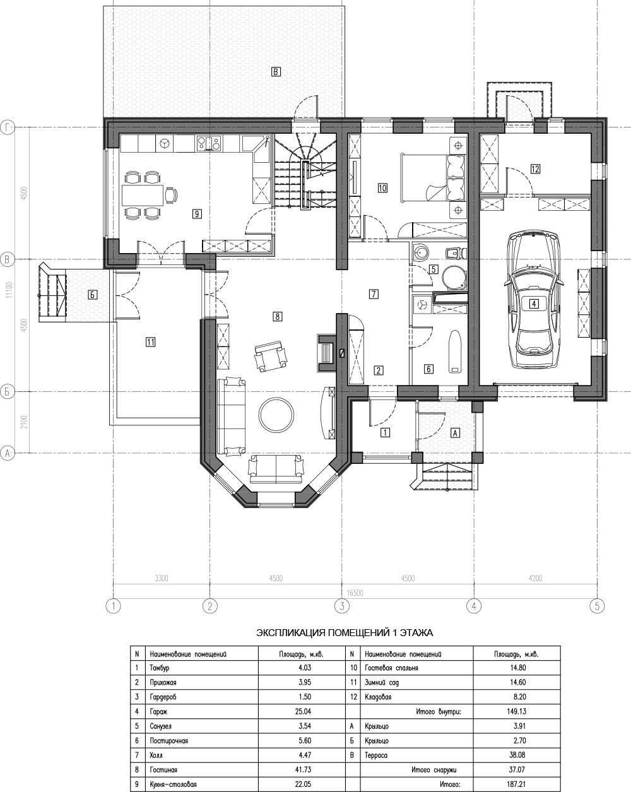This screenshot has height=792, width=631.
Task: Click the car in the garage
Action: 533,299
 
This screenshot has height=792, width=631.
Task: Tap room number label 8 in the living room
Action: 278,316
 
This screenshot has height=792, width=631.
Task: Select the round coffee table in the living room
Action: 276,415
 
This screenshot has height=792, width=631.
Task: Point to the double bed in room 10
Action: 432,177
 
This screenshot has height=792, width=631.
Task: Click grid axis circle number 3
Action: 342,606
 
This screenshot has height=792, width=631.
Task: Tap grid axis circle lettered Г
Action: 8,127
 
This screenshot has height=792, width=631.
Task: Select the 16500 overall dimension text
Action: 355,593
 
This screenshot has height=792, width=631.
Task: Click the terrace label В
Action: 276,71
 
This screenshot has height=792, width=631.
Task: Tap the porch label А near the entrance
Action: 455,433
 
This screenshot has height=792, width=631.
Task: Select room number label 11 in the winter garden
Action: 150,342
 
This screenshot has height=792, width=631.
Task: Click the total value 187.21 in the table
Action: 517,784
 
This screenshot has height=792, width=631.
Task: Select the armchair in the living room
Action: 271,356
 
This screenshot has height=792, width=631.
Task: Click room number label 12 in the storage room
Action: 535,169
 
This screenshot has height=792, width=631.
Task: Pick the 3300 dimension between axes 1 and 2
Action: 162,578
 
